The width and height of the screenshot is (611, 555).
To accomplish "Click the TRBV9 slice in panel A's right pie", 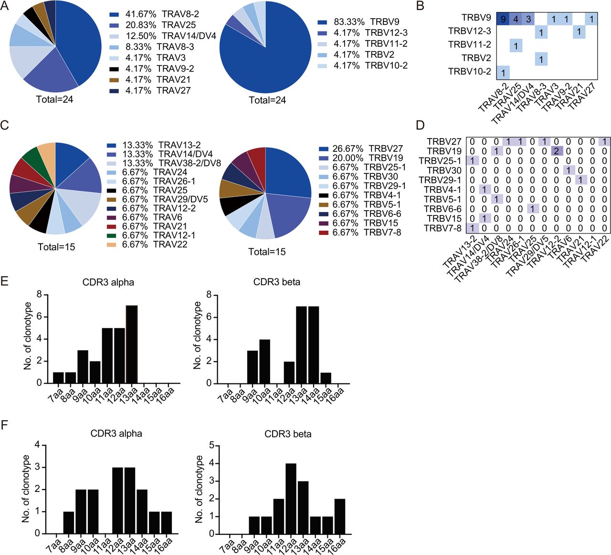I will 272,57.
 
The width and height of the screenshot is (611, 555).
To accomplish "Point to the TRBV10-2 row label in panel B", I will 469,72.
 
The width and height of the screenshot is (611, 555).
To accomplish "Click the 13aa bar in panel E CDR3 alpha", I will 132,344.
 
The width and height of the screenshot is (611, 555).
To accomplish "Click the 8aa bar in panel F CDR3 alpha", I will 69,523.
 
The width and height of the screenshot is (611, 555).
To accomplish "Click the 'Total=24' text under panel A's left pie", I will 54,99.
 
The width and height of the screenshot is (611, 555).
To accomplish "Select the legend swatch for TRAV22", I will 111,245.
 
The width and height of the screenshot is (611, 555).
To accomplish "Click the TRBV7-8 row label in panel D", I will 442,228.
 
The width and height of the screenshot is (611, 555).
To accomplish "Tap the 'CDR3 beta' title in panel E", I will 277,282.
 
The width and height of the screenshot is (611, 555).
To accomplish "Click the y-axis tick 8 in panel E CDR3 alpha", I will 39,295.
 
